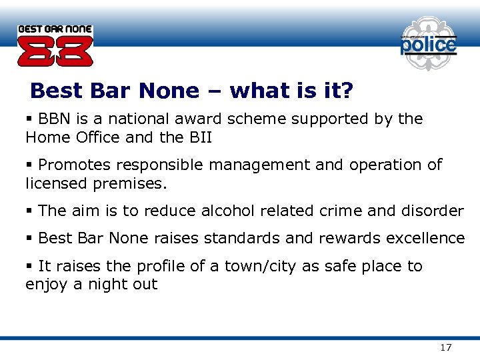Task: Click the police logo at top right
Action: pos(428,45)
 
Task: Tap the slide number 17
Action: pos(446,347)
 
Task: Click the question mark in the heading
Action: pos(347,91)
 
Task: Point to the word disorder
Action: pos(432,211)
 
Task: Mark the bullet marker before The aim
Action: pos(29,211)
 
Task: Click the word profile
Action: pos(160,267)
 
